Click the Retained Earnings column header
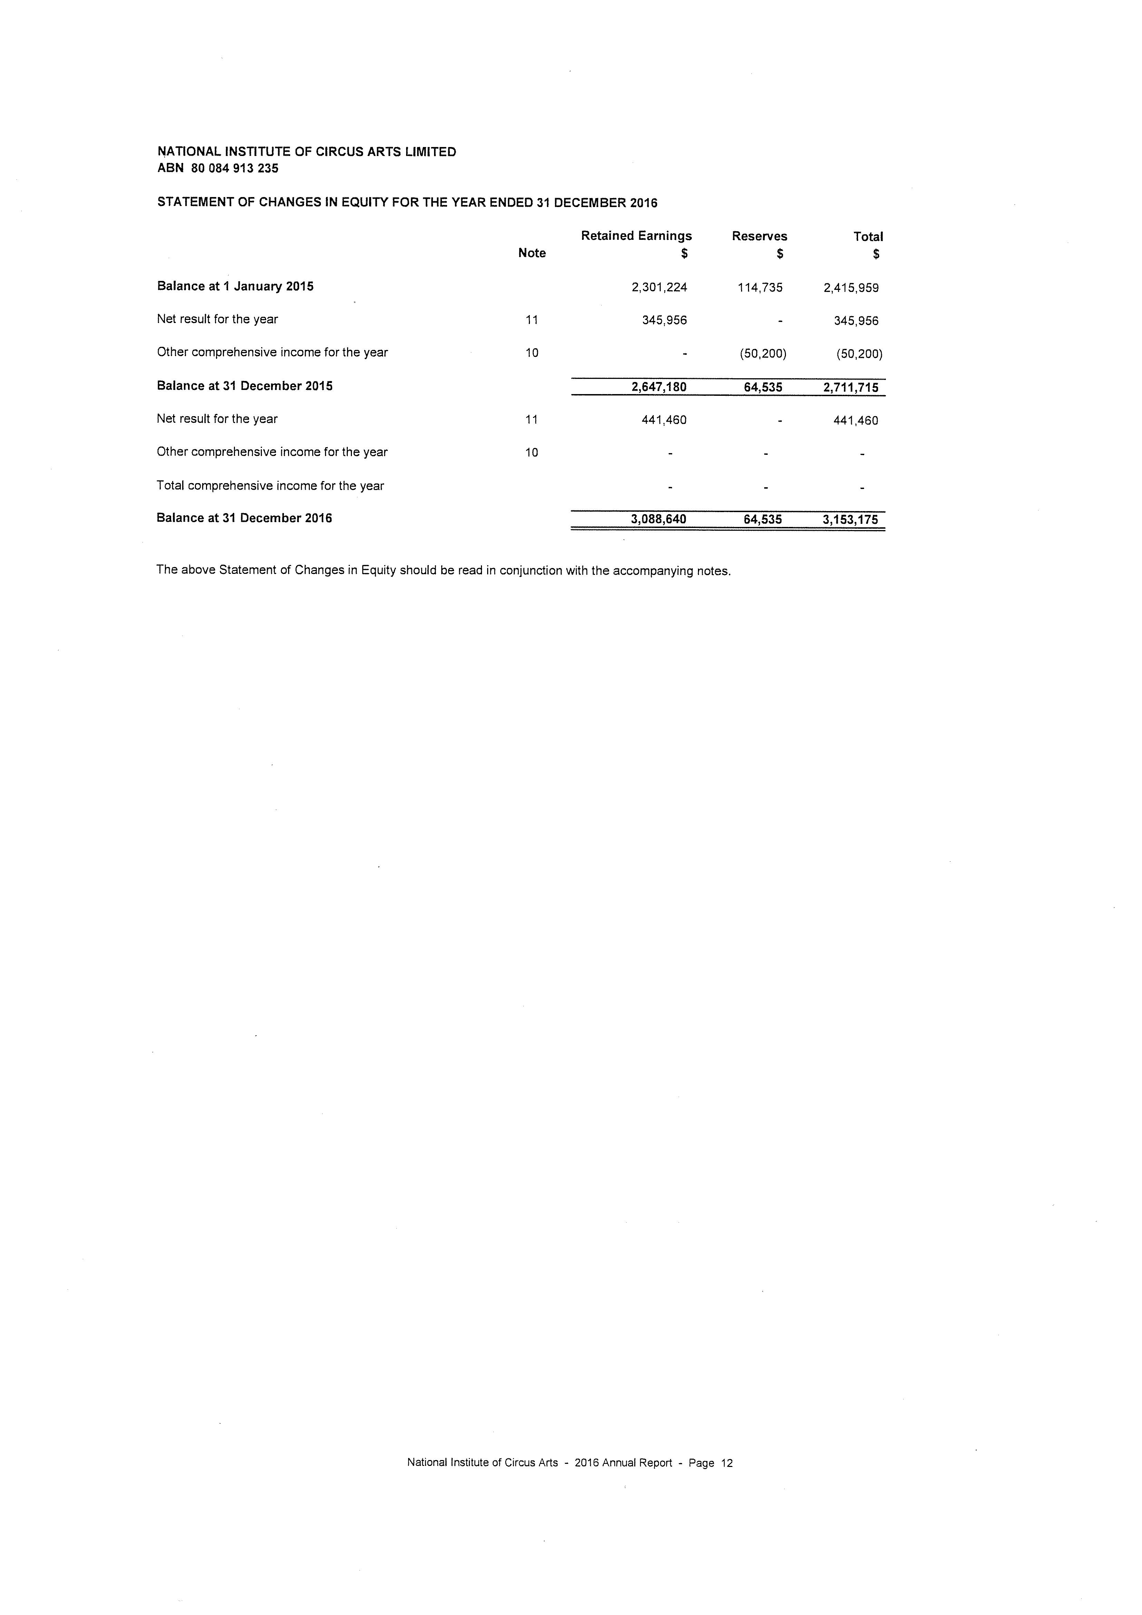636,236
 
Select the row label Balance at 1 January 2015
235,286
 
